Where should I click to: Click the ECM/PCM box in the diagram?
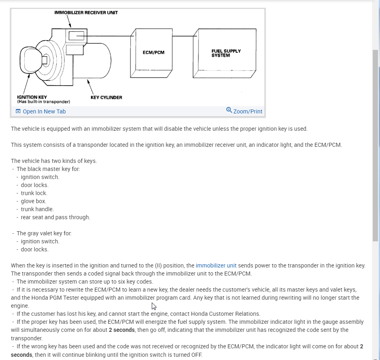point(153,53)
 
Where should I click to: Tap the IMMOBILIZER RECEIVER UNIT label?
point(86,12)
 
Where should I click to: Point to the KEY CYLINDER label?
point(106,97)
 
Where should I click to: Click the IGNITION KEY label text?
point(32,97)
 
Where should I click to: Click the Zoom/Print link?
point(248,111)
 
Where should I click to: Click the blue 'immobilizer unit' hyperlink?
point(216,265)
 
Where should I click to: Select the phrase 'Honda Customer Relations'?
point(225,314)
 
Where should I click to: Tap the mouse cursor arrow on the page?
point(153,306)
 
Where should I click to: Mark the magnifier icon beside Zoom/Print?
point(229,110)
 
